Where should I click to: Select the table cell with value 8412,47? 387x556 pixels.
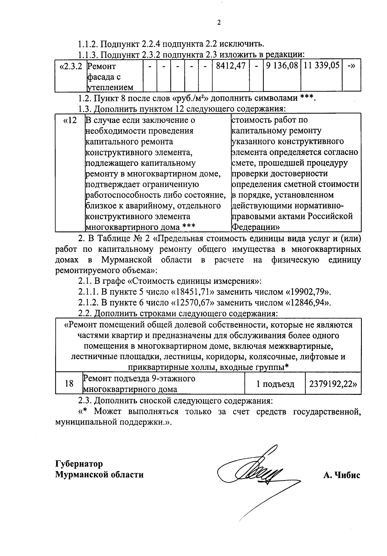click(x=230, y=66)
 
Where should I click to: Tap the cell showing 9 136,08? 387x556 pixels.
click(x=282, y=66)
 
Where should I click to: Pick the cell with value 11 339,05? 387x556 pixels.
click(x=321, y=66)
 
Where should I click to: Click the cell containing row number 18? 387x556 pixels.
click(x=69, y=384)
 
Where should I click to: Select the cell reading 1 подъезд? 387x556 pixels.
click(x=275, y=384)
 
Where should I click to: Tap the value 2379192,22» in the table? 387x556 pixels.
click(x=333, y=384)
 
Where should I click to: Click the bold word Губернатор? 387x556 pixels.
click(x=79, y=464)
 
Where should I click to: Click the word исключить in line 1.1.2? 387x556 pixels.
click(x=244, y=43)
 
